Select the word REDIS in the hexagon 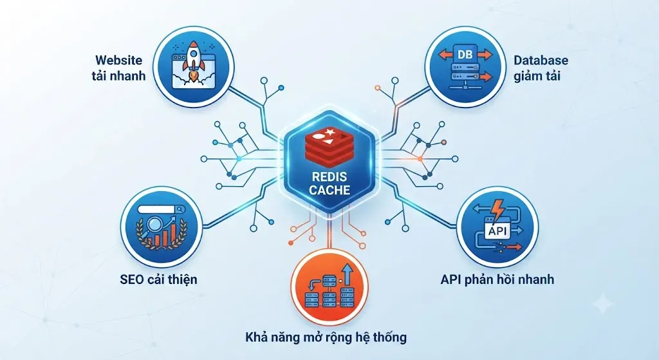(329, 176)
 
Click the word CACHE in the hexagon (329, 190)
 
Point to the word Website (118, 60)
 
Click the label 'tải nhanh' (118, 76)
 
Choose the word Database (541, 60)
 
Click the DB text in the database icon (465, 54)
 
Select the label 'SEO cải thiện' (158, 279)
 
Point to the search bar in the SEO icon (161, 209)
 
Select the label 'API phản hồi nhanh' (497, 279)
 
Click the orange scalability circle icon (329, 288)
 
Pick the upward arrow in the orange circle (348, 276)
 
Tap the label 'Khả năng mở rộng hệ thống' (326, 337)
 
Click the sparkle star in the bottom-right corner (603, 303)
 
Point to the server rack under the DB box (465, 74)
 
